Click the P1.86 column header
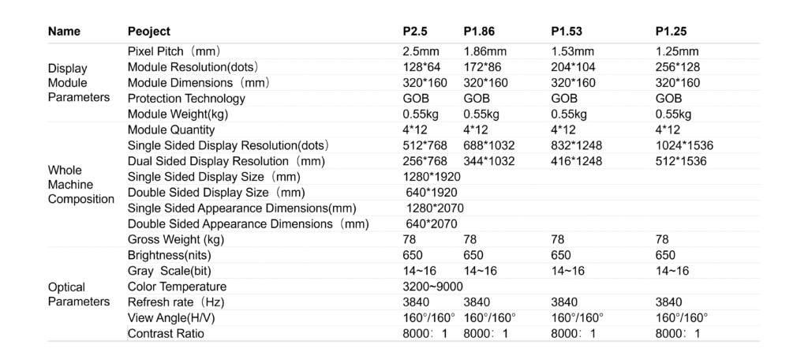(479, 32)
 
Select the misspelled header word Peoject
(148, 32)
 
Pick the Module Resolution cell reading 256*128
(678, 67)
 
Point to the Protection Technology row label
(186, 99)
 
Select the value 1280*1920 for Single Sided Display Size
(432, 177)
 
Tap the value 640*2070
(432, 223)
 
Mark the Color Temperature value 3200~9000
(433, 287)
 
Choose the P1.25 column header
(671, 32)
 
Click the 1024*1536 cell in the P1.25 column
(683, 145)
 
